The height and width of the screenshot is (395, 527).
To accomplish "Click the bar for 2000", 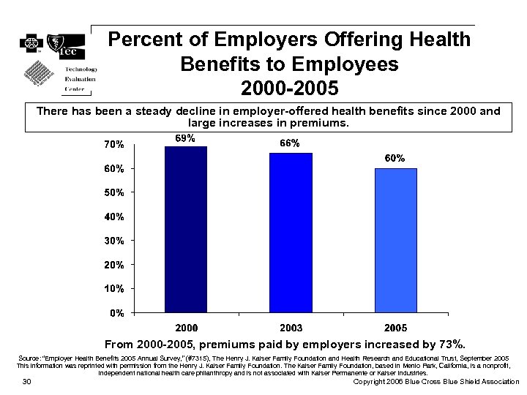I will click(x=186, y=230).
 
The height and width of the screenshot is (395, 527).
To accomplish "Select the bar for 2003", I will click(x=291, y=233).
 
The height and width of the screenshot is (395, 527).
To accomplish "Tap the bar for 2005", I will click(x=396, y=241).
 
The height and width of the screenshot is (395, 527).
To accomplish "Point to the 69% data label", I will click(x=184, y=138).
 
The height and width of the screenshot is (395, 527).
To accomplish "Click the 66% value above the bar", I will click(x=290, y=143).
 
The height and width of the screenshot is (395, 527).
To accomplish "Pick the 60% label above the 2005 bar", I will click(x=395, y=159).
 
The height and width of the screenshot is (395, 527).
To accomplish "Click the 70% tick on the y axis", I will click(x=113, y=145).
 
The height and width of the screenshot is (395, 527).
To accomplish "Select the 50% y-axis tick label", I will click(x=113, y=193).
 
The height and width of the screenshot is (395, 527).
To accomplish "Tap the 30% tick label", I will click(x=113, y=241).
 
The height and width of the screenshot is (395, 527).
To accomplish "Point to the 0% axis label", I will click(x=116, y=313).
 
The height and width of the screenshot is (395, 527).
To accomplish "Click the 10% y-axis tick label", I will click(x=113, y=289).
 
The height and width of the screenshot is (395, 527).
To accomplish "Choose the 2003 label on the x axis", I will click(x=291, y=327).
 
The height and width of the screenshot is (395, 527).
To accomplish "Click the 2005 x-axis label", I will click(x=396, y=327).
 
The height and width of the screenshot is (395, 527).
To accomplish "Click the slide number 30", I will click(x=26, y=382).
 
